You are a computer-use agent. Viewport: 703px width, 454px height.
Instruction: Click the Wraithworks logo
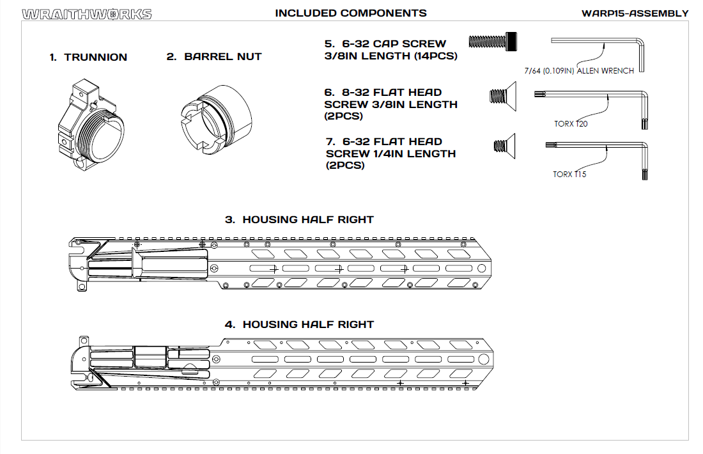(x=87, y=13)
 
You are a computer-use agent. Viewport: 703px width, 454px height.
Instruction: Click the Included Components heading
(x=350, y=13)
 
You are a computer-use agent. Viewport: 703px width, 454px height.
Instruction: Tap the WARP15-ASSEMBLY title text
(x=635, y=13)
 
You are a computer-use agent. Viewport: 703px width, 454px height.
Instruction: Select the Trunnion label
(x=88, y=57)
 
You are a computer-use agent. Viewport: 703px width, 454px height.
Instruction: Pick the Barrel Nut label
(x=214, y=56)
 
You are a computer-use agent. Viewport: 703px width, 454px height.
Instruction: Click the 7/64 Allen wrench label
(x=578, y=71)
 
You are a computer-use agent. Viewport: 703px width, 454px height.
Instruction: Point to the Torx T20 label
(x=571, y=123)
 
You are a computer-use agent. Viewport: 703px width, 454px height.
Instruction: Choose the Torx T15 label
(x=569, y=174)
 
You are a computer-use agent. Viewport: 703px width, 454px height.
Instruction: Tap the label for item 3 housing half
(x=299, y=219)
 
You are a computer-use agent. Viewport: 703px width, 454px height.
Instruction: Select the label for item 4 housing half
(x=299, y=324)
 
